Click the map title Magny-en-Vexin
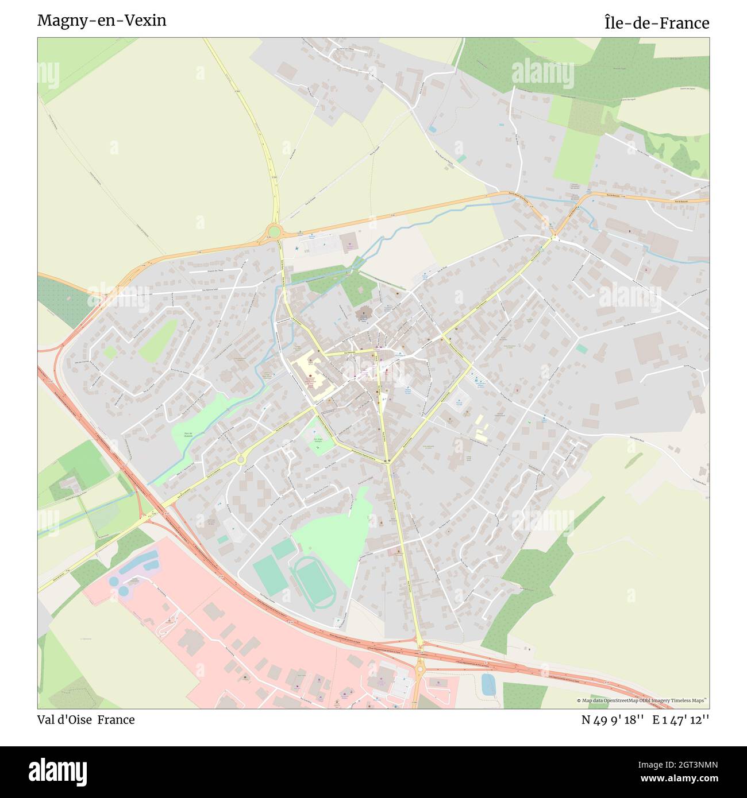[102, 21]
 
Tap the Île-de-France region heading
[656, 23]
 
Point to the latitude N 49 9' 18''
[613, 720]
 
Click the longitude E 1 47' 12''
[680, 720]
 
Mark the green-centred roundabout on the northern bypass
[275, 232]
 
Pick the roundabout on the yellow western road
[240, 459]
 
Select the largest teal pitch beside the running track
[272, 576]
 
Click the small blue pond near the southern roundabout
[488, 684]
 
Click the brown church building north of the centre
[364, 315]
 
